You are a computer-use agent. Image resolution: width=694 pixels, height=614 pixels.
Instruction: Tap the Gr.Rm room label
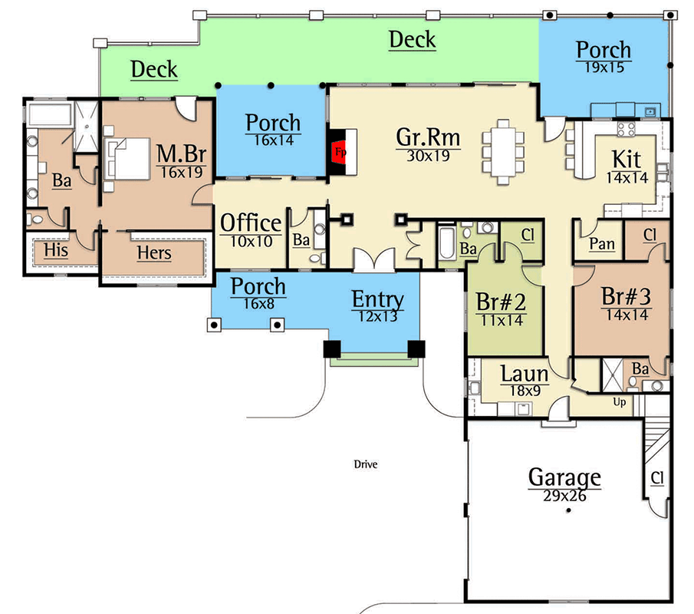pos(428,137)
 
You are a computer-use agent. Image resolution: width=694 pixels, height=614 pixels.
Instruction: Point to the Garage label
pos(564,477)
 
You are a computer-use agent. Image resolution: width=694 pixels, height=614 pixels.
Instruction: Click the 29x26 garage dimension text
pos(564,497)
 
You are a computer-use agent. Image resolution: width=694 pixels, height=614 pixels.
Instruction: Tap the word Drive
pos(365,464)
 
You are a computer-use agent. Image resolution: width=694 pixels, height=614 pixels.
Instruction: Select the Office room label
pos(251,223)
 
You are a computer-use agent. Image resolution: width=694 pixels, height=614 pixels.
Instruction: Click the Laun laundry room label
pos(525,375)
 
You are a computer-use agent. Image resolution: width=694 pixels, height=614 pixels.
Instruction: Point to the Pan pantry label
pos(602,244)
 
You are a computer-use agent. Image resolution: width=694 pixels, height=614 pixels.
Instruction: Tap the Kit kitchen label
pos(627,159)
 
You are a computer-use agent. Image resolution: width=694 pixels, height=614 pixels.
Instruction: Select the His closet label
pos(55,251)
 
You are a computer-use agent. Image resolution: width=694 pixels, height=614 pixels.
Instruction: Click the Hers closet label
pos(154,253)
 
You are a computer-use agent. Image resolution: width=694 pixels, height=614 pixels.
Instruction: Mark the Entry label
pos(377,299)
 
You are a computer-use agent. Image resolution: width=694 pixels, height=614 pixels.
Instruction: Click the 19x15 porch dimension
pos(604,67)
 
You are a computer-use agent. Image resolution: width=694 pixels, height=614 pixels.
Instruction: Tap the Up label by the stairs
pos(620,401)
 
